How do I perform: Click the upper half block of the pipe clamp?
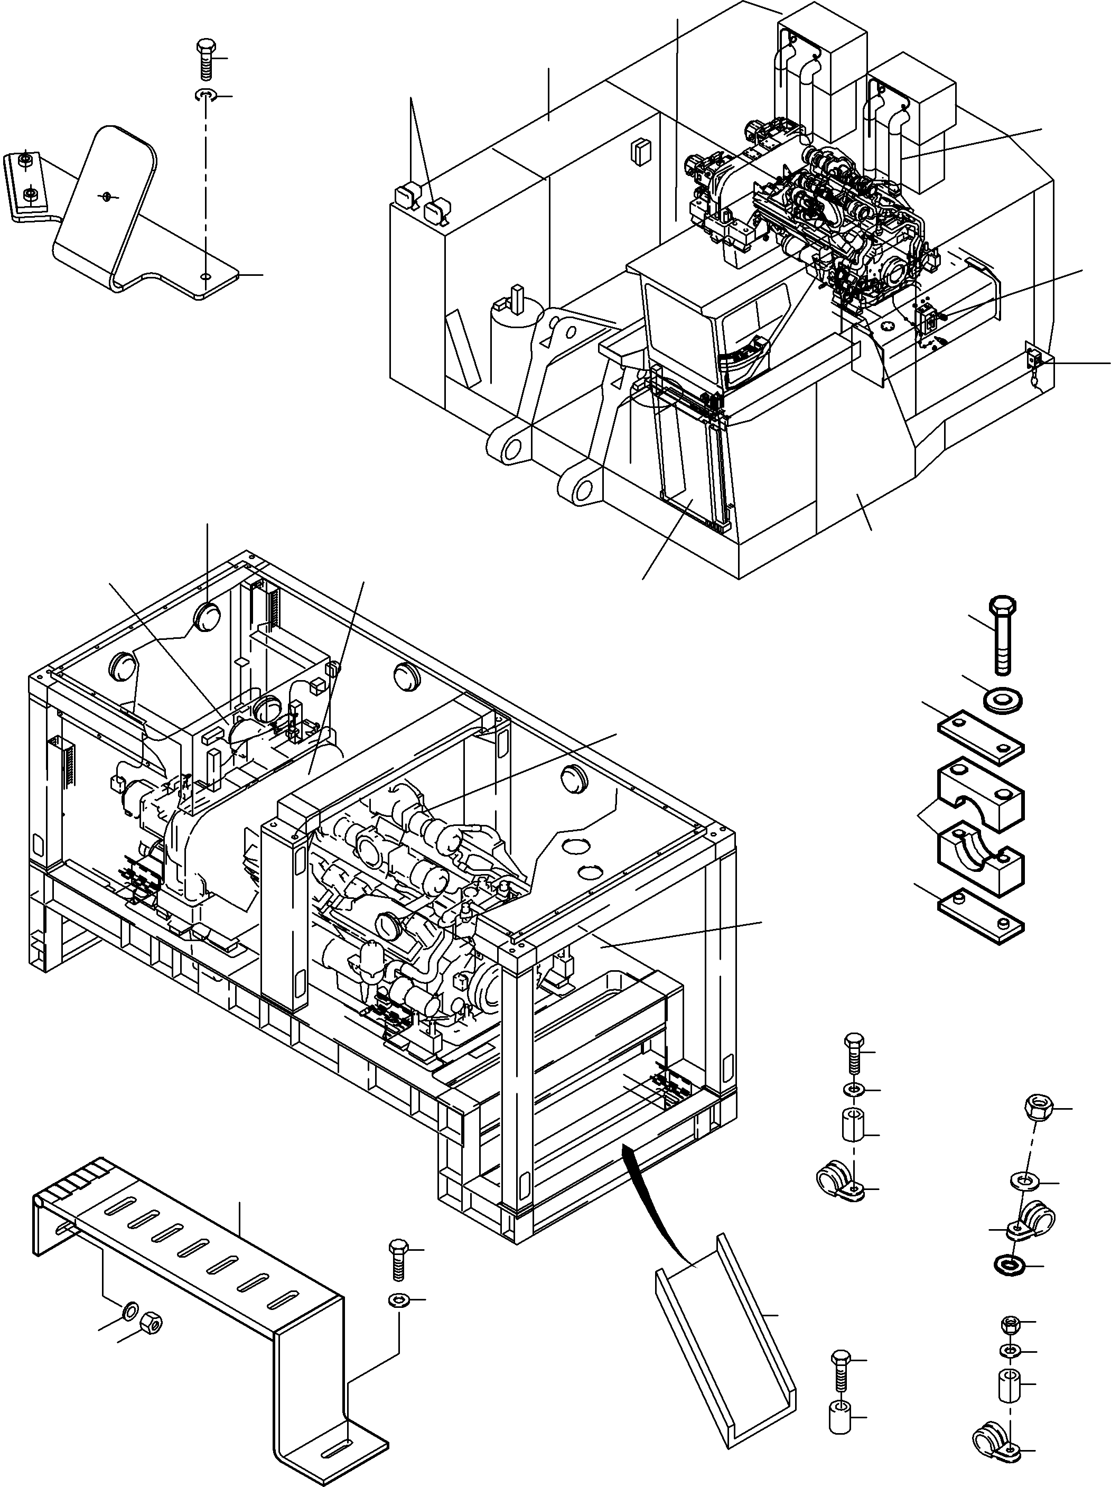981,793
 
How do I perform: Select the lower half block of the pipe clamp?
981,860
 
